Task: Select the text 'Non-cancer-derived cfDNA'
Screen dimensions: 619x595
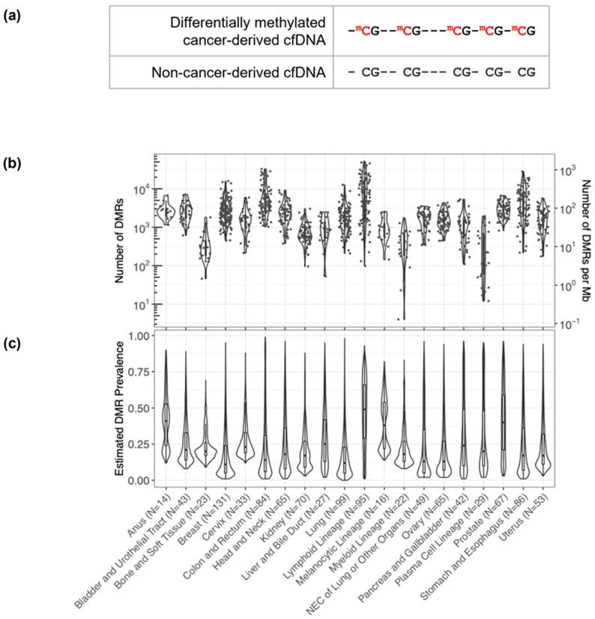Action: tap(253, 73)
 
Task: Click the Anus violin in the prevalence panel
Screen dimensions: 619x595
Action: tap(166, 420)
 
